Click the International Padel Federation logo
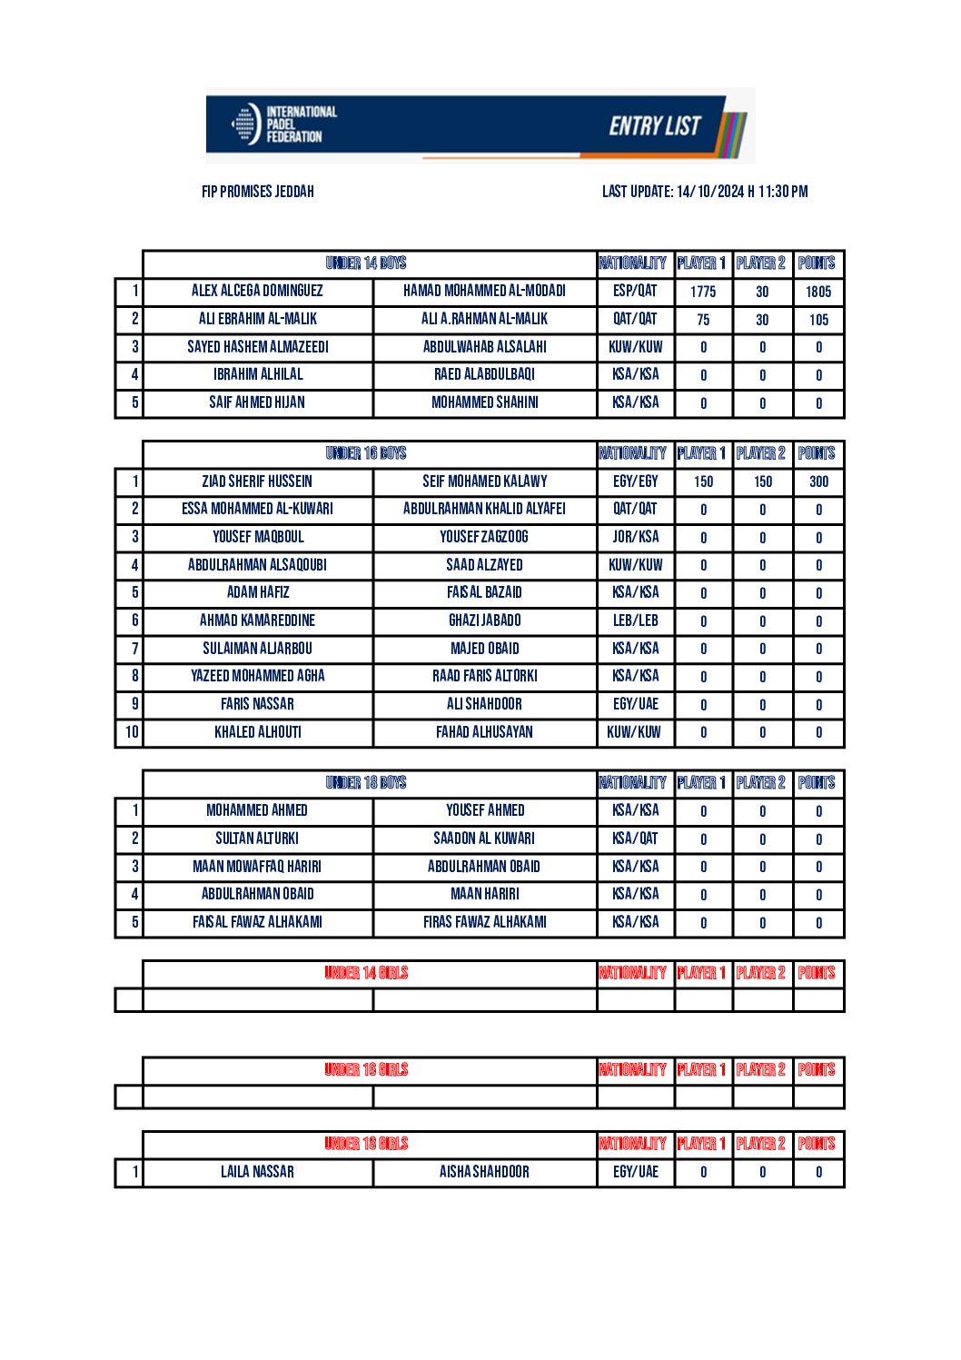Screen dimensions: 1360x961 [x=282, y=124]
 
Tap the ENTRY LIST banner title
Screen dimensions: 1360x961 [x=654, y=125]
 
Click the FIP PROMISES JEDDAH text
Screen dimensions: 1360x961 [x=258, y=192]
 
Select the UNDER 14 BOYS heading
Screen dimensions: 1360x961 [x=366, y=263]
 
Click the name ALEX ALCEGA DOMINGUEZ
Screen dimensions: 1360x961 [x=257, y=291]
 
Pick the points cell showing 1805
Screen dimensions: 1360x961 [x=818, y=292]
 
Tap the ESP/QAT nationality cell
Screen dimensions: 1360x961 [x=635, y=291]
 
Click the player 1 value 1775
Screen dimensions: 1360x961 [x=703, y=292]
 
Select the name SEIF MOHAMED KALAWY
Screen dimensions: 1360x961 [x=484, y=481]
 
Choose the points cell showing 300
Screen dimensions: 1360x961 [x=818, y=481]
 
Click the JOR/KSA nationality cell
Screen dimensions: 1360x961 [x=635, y=537]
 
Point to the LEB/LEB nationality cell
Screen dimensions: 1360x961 [x=635, y=620]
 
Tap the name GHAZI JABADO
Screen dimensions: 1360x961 [x=484, y=620]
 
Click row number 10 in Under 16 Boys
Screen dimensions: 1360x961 [x=132, y=732]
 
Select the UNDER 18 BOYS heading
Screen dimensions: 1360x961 [x=366, y=783]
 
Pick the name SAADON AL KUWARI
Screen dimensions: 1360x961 [x=484, y=839]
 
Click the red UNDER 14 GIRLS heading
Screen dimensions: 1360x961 [x=366, y=973]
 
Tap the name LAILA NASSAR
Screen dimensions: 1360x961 [x=257, y=1172]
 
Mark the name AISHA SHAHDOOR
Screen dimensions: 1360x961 [x=484, y=1172]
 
